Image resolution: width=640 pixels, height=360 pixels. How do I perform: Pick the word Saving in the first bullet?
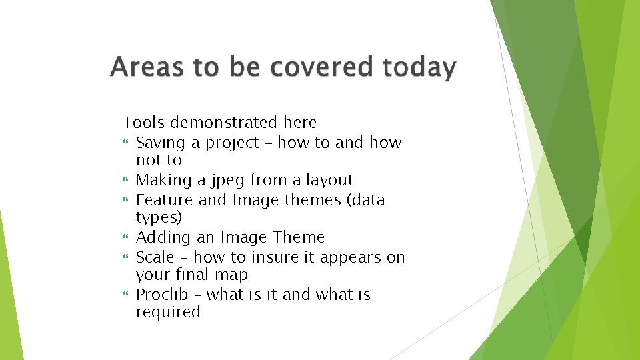[x=159, y=143]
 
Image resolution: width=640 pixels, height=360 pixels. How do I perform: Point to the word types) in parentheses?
[x=159, y=218]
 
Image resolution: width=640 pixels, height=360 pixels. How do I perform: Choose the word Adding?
[x=160, y=238]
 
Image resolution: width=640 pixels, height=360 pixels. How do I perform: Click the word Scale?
[x=155, y=257]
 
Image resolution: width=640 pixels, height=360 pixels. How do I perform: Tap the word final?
[x=193, y=275]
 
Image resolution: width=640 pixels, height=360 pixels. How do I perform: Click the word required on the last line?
[x=168, y=312]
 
